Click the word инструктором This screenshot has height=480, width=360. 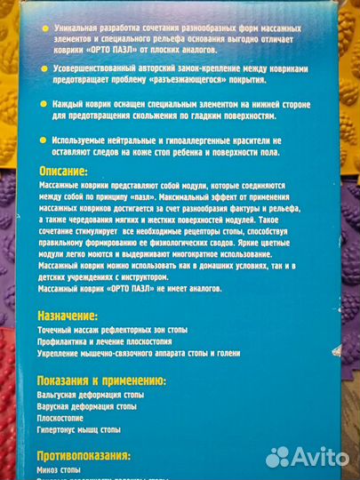(x=234, y=277)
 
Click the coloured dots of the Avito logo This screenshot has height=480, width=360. (x=278, y=456)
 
